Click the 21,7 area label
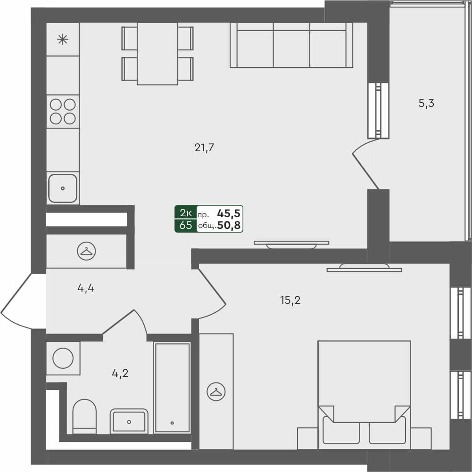pyautogui.click(x=205, y=148)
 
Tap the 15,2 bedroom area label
pyautogui.click(x=290, y=300)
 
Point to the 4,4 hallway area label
pyautogui.click(x=86, y=288)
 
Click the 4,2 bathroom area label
pyautogui.click(x=120, y=374)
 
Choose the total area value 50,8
pyautogui.click(x=229, y=226)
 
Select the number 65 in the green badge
pyautogui.click(x=186, y=225)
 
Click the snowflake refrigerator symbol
pyautogui.click(x=62, y=39)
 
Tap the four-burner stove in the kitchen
pyautogui.click(x=63, y=111)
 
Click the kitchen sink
pyautogui.click(x=63, y=188)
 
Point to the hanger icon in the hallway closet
pyautogui.click(x=85, y=251)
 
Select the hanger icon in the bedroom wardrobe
pyautogui.click(x=216, y=391)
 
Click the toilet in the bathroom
pyautogui.click(x=85, y=416)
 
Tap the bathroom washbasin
pyautogui.click(x=129, y=420)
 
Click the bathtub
pyautogui.click(x=172, y=387)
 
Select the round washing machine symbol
pyautogui.click(x=63, y=358)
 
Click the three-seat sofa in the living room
pyautogui.click(x=291, y=45)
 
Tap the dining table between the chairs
pyautogui.click(x=157, y=53)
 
